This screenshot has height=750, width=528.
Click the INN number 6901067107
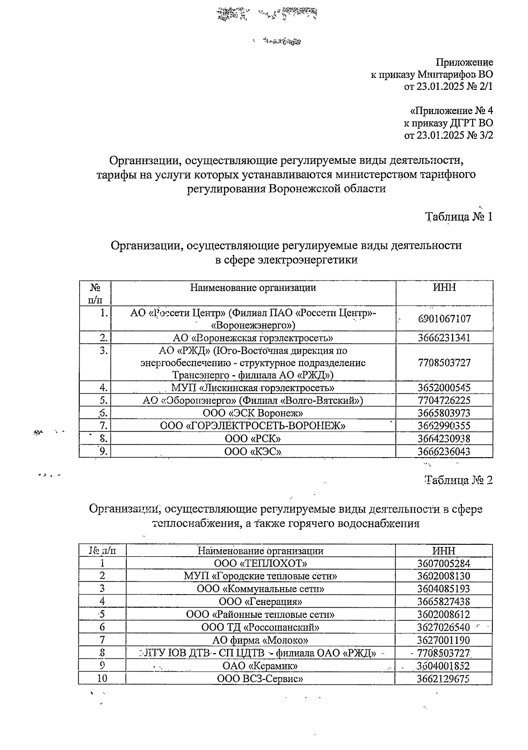point(444,319)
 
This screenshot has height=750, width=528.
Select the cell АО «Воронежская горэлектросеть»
point(253,338)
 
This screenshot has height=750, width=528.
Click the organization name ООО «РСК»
point(253,439)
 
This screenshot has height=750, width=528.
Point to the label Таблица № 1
point(459,217)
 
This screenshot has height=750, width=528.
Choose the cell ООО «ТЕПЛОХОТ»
point(260,564)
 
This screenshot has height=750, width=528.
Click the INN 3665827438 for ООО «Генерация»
point(444,602)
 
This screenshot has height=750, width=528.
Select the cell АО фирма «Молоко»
point(260,640)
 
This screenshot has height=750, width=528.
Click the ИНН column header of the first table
point(444,288)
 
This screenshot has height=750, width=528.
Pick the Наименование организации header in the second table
point(260,551)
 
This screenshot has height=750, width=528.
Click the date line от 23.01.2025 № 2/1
point(448,87)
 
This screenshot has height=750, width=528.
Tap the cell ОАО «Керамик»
point(260,665)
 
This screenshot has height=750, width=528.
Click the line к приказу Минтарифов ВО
point(432,74)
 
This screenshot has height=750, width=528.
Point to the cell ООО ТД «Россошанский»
point(260,627)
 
